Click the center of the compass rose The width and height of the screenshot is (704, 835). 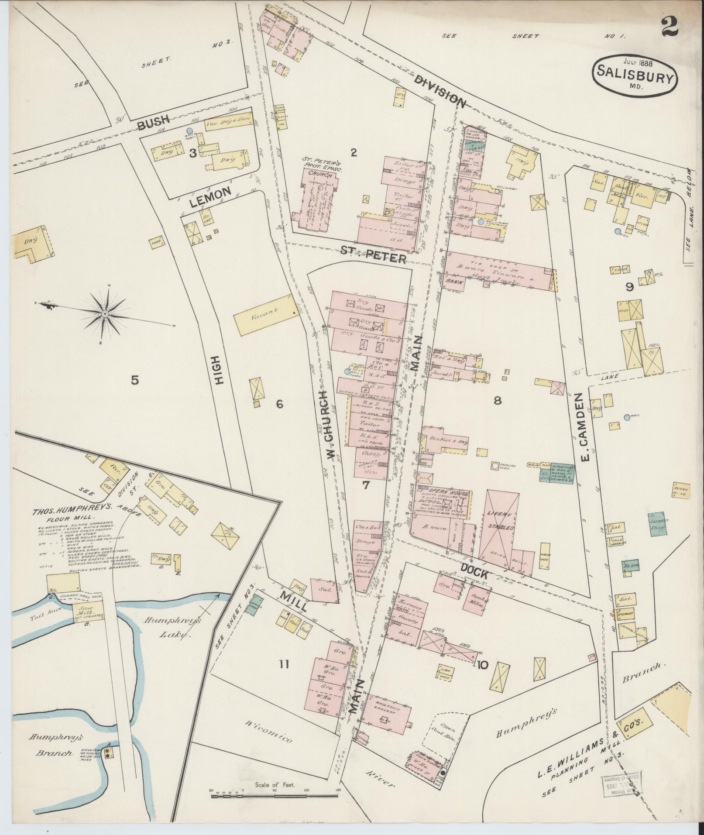click(105, 313)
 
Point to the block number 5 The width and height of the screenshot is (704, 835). click(135, 380)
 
